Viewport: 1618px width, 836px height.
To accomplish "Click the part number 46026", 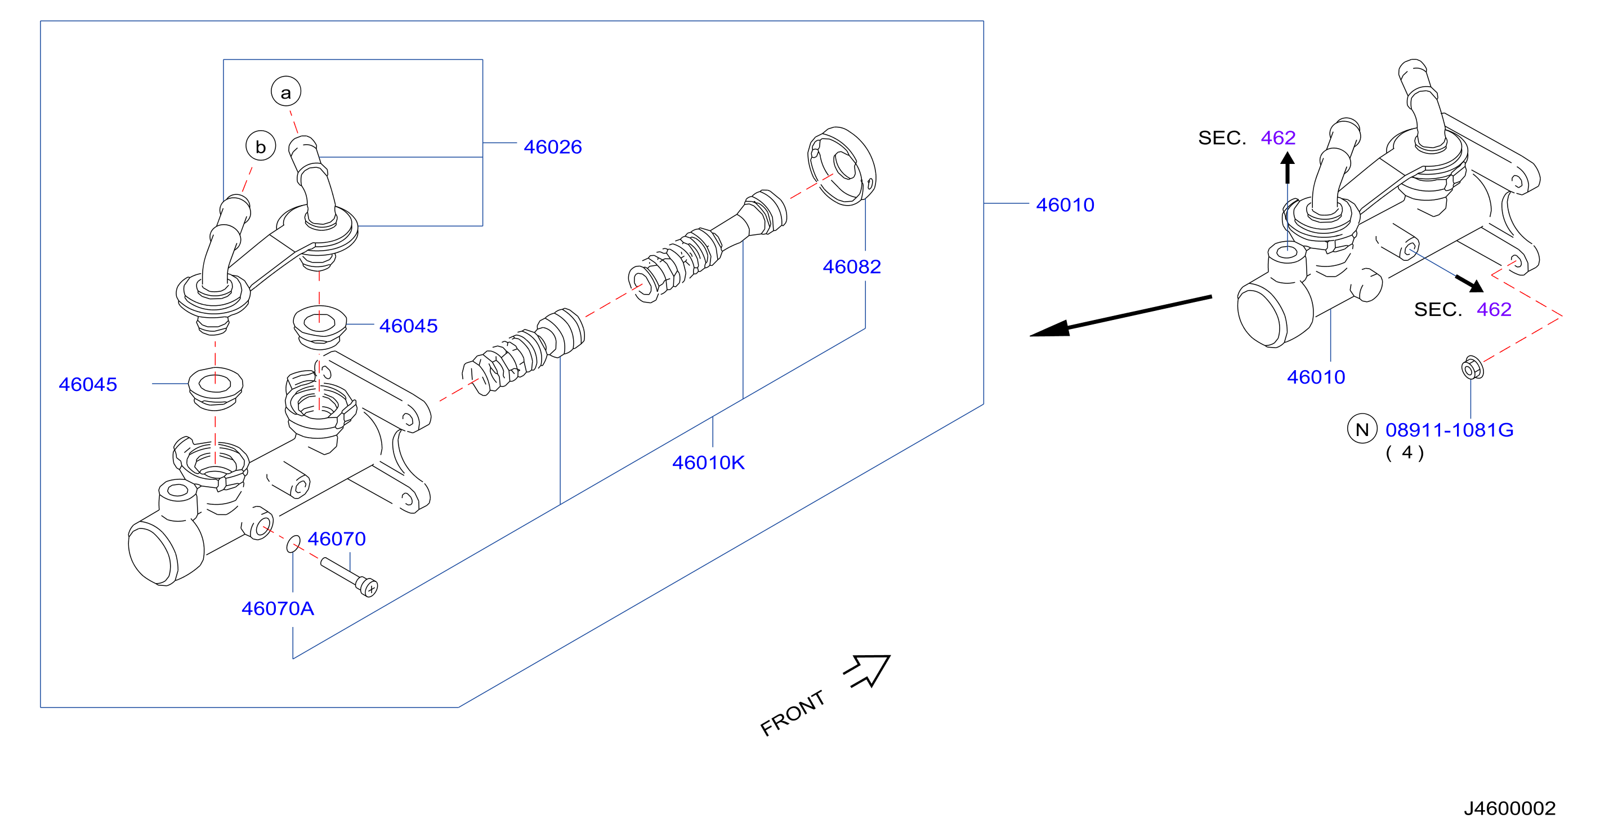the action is point(553,147).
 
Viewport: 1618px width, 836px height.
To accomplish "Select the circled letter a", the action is point(286,92).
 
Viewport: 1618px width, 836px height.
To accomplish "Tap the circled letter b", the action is point(261,145).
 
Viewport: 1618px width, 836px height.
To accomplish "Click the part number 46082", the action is point(852,266).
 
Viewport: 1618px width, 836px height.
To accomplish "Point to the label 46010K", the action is point(708,463).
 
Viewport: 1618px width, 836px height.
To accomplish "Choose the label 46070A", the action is point(278,608).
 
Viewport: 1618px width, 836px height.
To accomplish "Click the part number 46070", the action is point(337,539).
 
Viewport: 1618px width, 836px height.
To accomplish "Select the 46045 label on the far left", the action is point(88,384).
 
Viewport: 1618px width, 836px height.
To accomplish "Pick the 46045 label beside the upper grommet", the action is point(408,326).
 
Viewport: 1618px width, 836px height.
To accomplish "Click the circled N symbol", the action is point(1362,429).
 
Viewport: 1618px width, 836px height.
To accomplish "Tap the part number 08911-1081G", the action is point(1449,430).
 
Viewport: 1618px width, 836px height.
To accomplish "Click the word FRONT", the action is point(793,713).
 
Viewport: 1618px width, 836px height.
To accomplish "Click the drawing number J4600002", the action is point(1509,808).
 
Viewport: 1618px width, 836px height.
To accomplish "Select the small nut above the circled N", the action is point(1472,368).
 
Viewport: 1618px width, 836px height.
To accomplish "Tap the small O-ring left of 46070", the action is point(293,544).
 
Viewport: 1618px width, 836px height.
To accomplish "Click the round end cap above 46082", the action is point(842,166).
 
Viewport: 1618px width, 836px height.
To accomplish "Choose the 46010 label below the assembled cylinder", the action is point(1316,377).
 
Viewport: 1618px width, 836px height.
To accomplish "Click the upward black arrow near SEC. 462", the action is point(1287,168).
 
